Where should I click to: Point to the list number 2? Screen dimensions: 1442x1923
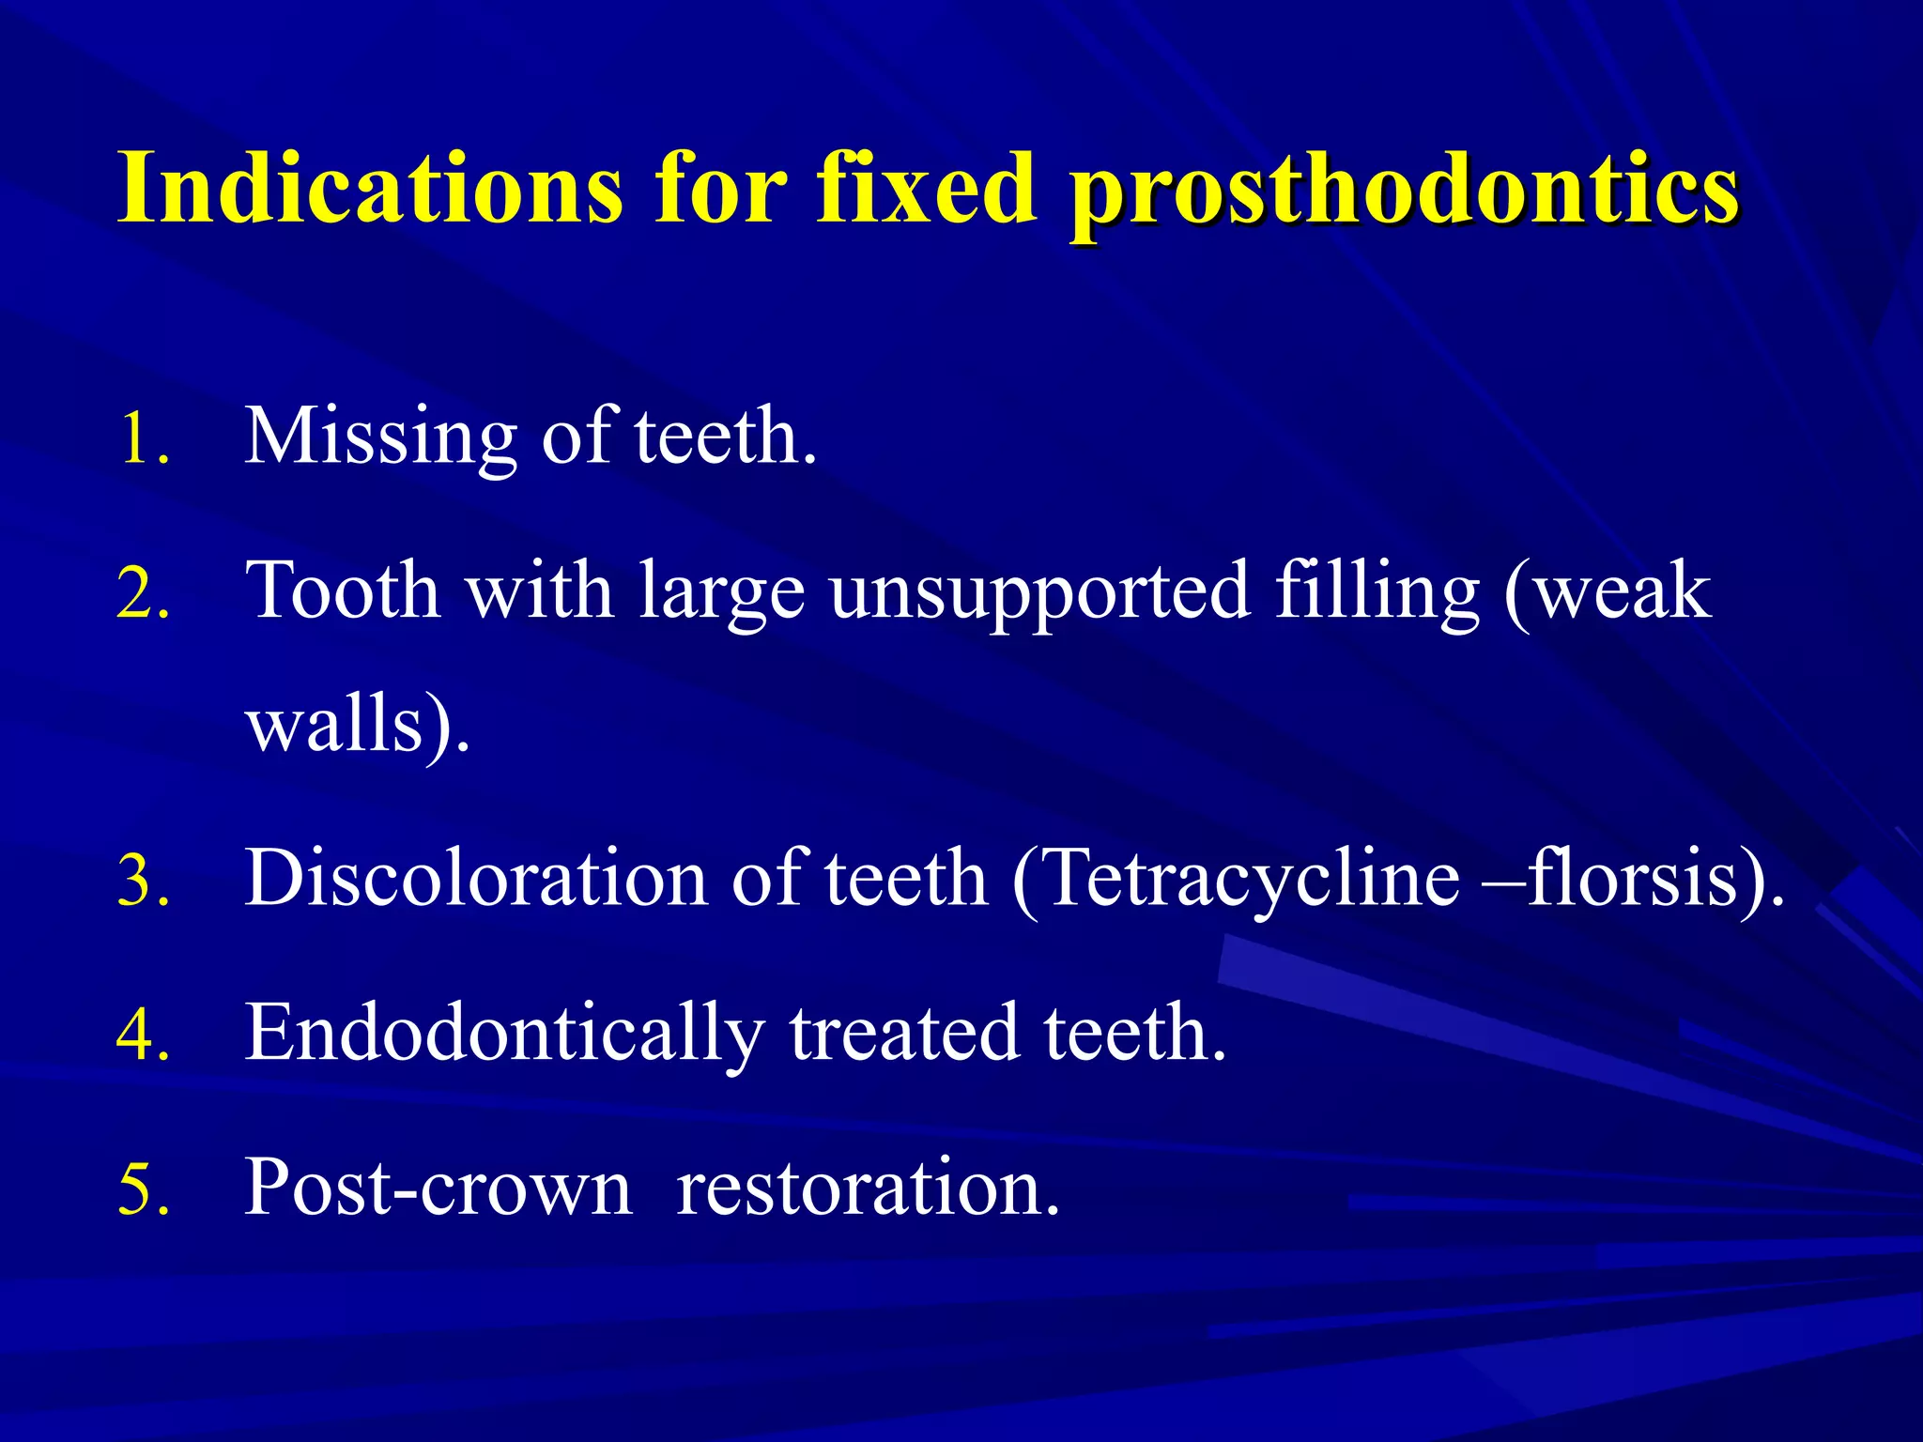point(144,593)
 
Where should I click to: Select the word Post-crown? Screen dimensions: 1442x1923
point(438,1189)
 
